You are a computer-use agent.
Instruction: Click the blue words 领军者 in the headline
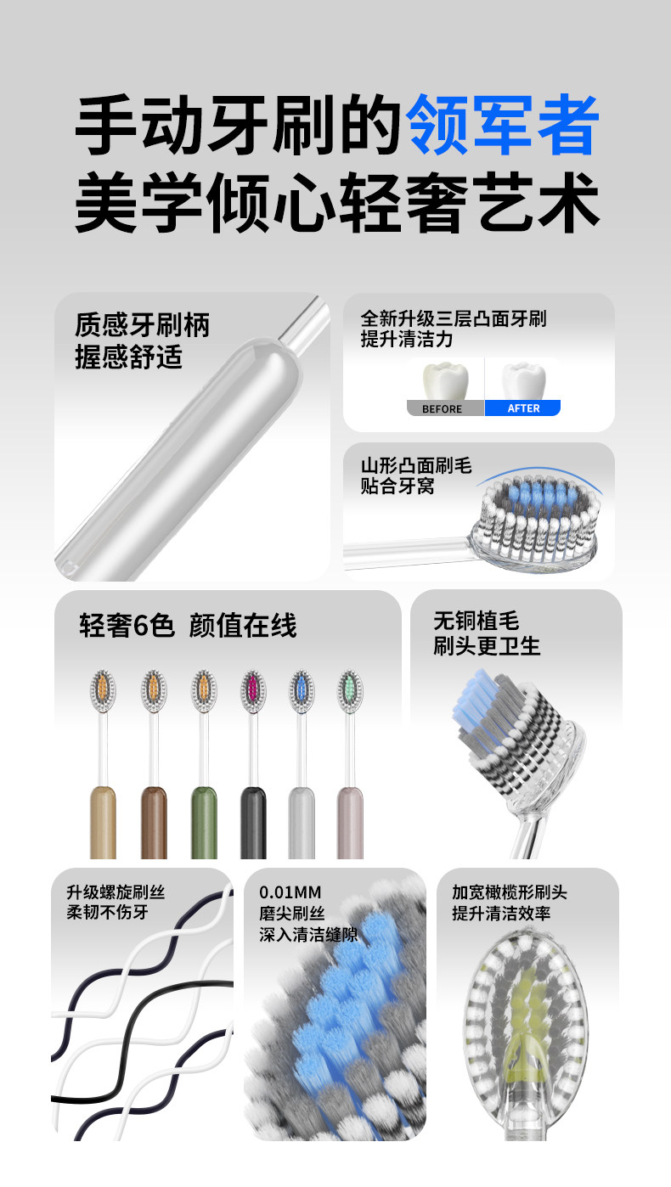[503, 125]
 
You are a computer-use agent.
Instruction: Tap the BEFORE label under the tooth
[442, 408]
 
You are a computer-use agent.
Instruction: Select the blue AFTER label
[524, 408]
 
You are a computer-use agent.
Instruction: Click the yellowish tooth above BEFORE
[446, 380]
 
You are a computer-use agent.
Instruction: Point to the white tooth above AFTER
[524, 380]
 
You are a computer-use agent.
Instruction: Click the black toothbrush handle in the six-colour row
[253, 823]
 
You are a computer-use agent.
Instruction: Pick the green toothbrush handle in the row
[204, 823]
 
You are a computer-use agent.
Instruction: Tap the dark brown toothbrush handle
[155, 823]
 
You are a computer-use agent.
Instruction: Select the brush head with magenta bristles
[253, 691]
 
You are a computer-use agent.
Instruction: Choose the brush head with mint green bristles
[350, 691]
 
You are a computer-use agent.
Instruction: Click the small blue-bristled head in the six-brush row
[302, 691]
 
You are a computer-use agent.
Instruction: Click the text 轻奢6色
[127, 625]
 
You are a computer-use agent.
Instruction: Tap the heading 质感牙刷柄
[142, 325]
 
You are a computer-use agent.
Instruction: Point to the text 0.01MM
[290, 892]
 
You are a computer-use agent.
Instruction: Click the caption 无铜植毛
[476, 621]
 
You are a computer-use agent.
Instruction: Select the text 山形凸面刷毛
[416, 466]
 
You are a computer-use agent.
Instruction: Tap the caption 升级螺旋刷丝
[116, 892]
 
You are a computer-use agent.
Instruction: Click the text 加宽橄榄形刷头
[510, 892]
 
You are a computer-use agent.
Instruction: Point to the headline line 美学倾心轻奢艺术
[337, 203]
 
